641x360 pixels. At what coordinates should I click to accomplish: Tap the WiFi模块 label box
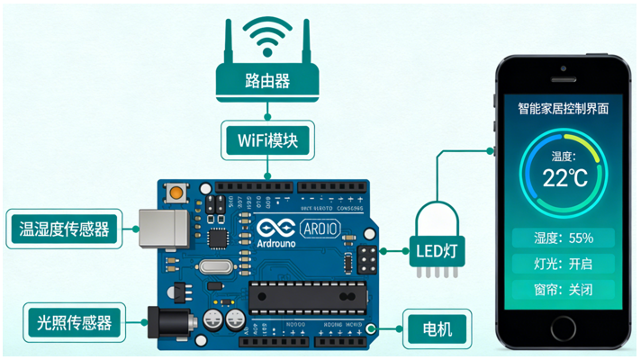tap(268, 141)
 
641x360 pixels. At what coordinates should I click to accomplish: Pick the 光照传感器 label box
tap(73, 321)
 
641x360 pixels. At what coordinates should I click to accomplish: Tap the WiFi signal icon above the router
tap(267, 33)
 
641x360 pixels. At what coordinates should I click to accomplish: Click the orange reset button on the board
tap(175, 192)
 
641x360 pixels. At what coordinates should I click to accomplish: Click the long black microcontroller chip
tap(302, 296)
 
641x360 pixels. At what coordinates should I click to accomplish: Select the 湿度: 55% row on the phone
tap(564, 238)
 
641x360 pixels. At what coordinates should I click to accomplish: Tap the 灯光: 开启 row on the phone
tap(564, 265)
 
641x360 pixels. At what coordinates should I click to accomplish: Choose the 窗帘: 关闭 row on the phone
tap(564, 291)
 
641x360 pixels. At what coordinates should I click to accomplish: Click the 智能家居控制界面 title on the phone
tap(564, 108)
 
